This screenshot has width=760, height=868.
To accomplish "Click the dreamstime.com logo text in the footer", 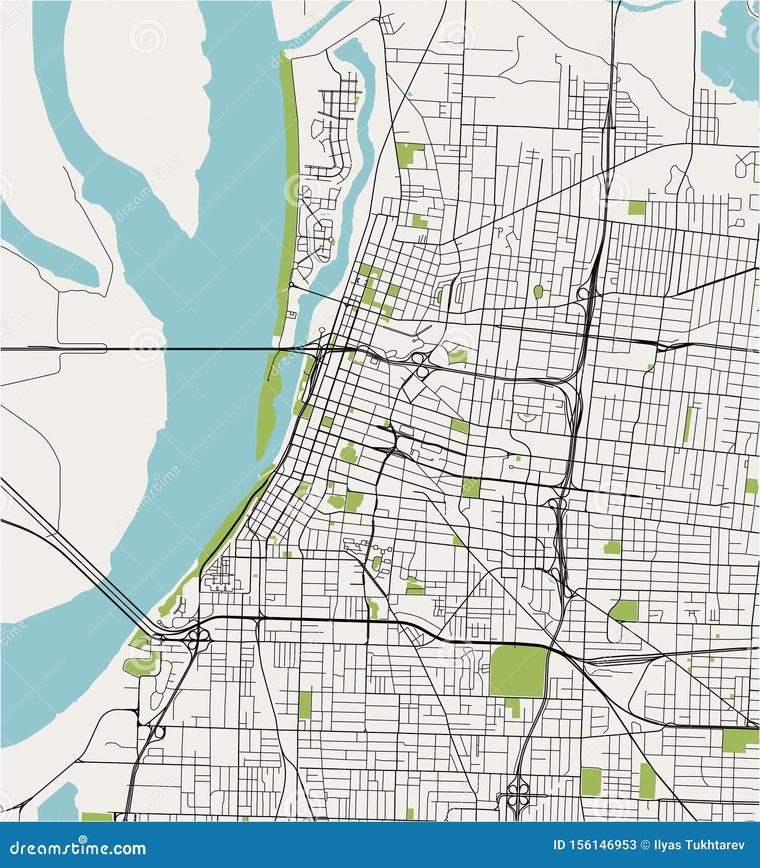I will (78, 848).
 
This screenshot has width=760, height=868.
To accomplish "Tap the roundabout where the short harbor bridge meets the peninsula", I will (291, 284).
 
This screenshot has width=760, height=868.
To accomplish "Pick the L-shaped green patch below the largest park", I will (513, 706).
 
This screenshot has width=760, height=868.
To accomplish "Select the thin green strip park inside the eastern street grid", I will (688, 424).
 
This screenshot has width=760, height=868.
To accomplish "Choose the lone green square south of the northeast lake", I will (636, 207).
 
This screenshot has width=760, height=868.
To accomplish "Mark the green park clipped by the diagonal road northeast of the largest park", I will (624, 611).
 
